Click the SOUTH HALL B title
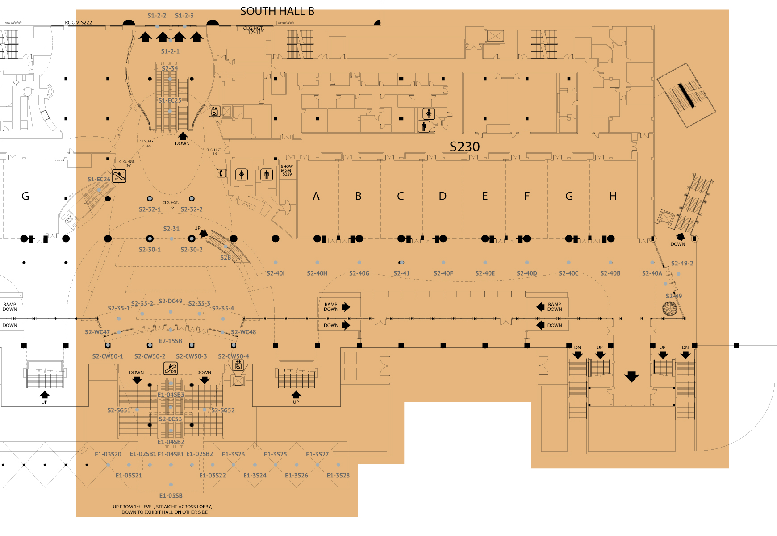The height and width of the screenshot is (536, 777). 277,11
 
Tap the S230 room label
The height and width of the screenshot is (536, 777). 464,147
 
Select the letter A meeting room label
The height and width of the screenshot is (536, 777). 316,196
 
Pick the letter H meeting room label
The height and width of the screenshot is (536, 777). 613,196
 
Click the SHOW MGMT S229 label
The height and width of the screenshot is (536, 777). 287,170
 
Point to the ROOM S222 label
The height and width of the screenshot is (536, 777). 78,22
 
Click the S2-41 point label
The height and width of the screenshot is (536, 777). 401,273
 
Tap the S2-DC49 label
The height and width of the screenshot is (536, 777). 170,301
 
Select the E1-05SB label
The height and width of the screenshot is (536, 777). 171,495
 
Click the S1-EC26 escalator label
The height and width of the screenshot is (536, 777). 99,179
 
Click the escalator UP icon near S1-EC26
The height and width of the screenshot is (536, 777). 119,176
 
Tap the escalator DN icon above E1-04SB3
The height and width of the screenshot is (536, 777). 171,368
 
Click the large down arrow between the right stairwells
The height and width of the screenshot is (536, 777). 631,377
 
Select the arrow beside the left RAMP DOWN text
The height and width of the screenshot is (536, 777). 346,307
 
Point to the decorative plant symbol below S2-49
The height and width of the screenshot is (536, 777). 670,309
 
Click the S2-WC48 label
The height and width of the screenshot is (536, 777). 243,332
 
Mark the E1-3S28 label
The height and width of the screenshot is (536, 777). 338,475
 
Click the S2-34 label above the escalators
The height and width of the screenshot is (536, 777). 170,68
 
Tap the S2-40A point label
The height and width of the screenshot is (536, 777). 652,273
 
